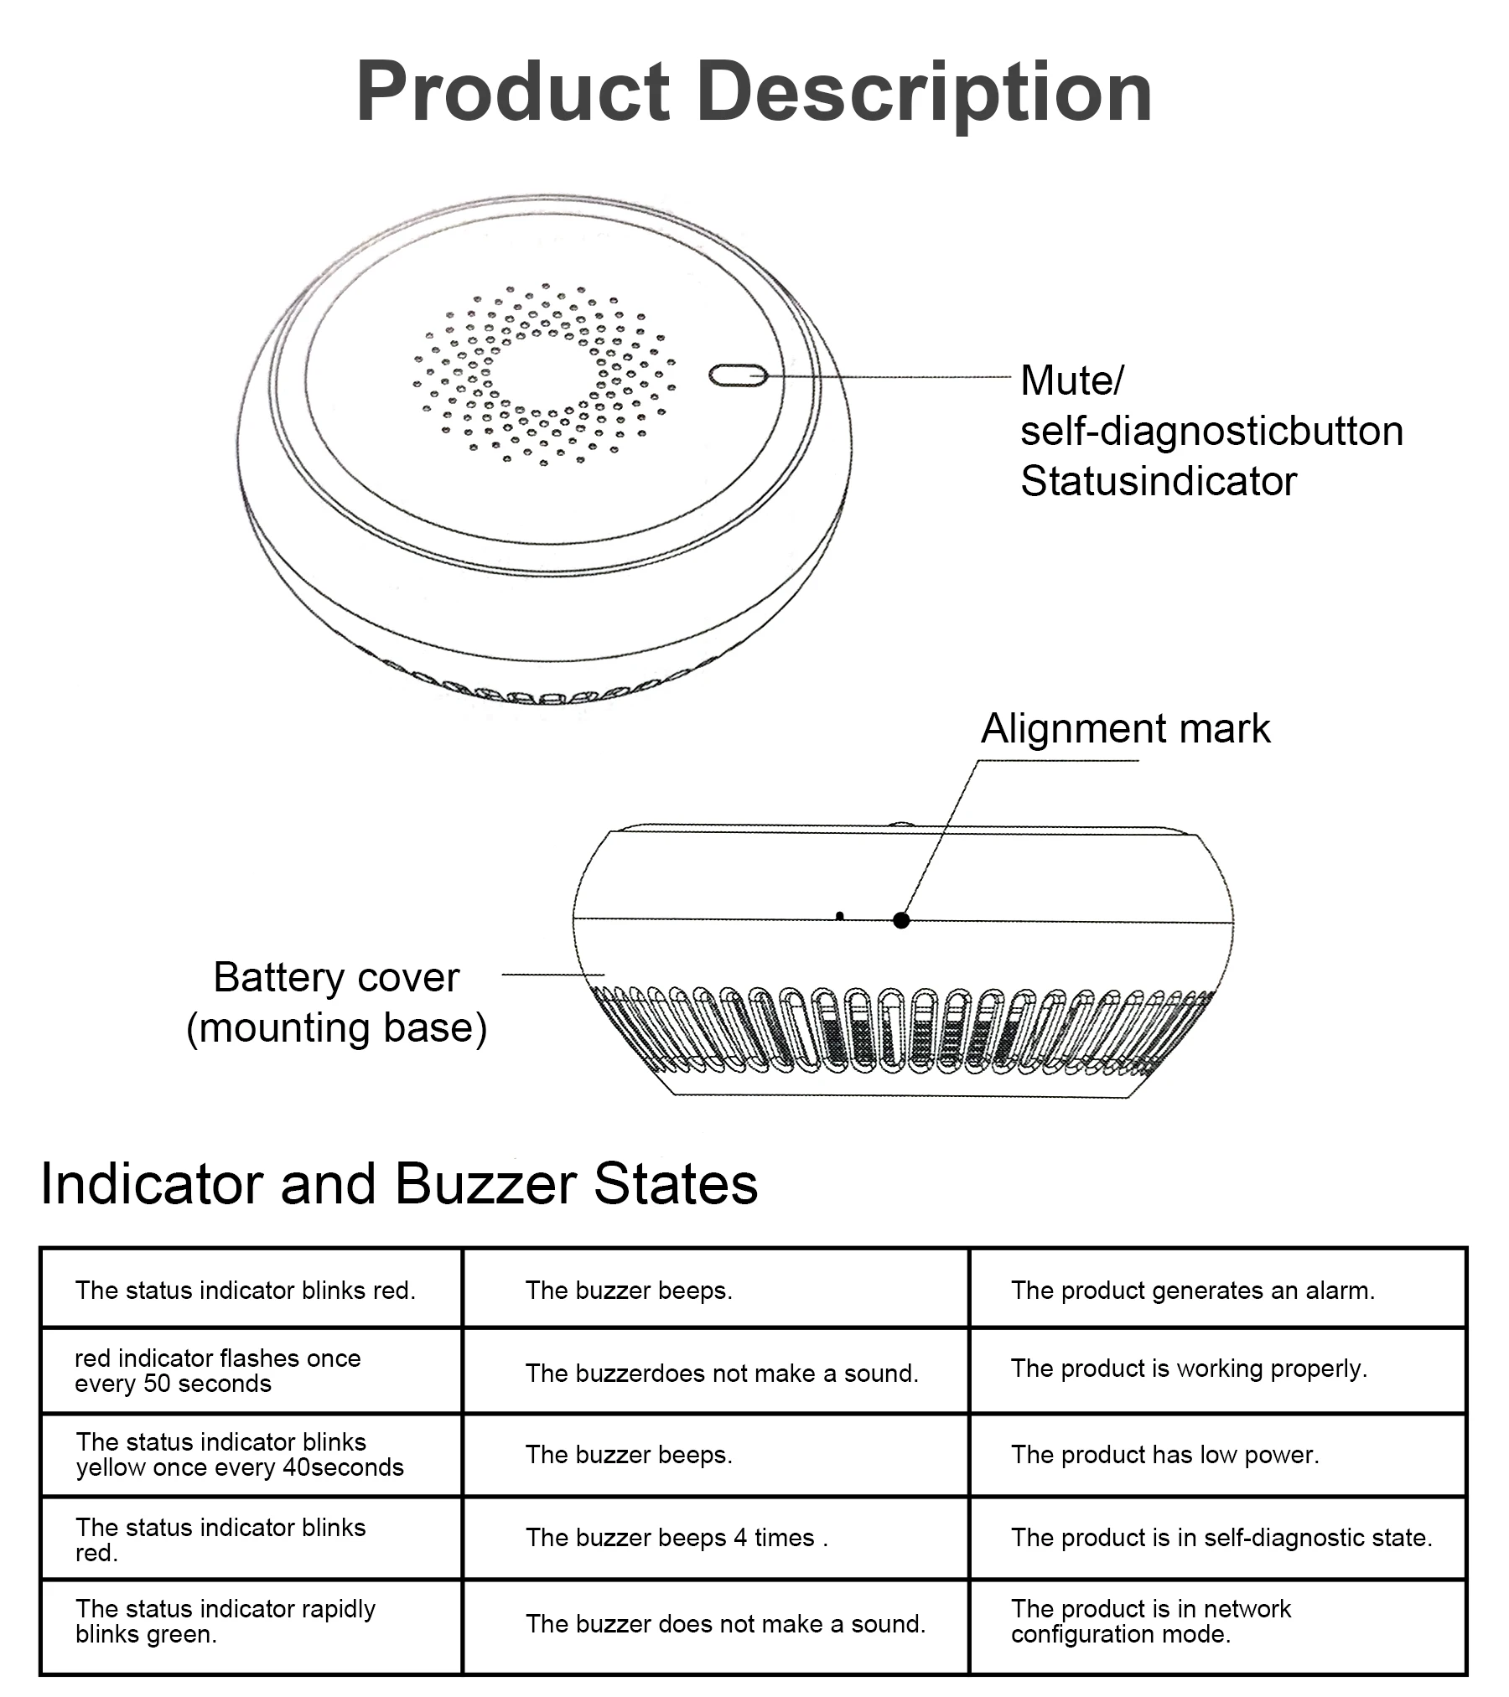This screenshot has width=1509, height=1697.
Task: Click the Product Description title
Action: point(754,92)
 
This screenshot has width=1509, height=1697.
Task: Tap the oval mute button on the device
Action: point(738,375)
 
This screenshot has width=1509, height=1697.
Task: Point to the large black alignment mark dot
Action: point(901,920)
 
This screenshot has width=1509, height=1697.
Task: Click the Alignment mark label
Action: point(1125,728)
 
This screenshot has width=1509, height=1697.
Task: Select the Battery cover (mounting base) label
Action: point(336,1002)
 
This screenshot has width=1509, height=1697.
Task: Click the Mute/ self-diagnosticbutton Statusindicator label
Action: point(1211,431)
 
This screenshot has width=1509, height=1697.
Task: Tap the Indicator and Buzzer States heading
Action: point(399,1183)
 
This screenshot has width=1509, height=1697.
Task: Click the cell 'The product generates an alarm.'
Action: point(1192,1291)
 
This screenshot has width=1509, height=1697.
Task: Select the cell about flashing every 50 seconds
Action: point(218,1370)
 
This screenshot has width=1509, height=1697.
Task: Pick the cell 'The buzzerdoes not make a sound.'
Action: point(722,1374)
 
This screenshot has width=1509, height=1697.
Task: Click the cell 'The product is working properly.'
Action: point(1189,1368)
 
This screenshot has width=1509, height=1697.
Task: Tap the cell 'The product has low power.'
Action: point(1165,1455)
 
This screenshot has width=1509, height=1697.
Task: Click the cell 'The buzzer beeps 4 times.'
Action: point(677,1538)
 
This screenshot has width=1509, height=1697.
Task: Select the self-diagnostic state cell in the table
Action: point(1221,1538)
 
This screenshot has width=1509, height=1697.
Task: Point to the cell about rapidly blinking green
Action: point(225,1622)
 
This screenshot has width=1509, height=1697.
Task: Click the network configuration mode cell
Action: point(1151,1622)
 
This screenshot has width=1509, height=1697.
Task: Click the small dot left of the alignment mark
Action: point(840,915)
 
